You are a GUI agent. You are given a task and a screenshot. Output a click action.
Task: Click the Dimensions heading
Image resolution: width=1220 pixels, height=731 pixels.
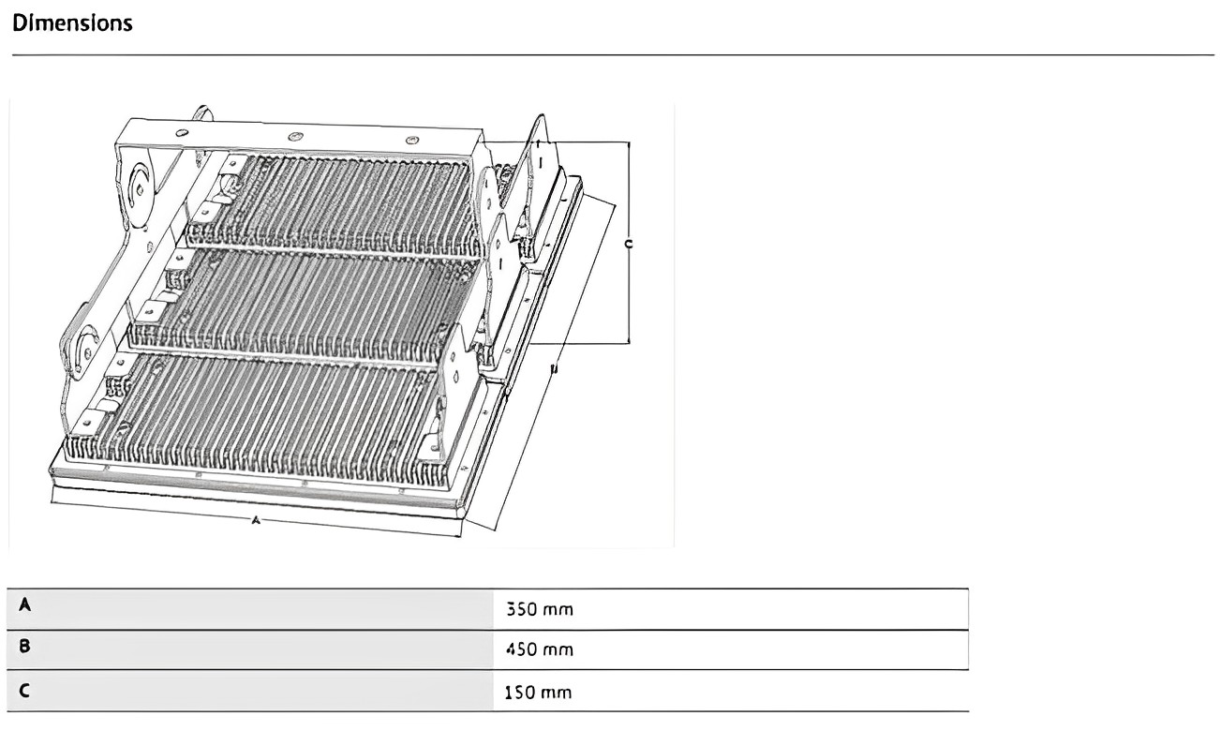(72, 23)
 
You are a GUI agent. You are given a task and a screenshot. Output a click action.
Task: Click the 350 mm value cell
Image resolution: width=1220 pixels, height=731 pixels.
(539, 609)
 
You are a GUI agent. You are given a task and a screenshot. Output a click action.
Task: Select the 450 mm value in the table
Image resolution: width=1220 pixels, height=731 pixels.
(539, 649)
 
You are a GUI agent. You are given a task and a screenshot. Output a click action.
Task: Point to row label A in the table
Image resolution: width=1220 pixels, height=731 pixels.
(25, 606)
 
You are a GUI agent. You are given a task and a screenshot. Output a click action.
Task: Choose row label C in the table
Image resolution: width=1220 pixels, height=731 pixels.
(25, 692)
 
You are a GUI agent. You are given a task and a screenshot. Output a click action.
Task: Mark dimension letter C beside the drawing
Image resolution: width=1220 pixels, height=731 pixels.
(628, 244)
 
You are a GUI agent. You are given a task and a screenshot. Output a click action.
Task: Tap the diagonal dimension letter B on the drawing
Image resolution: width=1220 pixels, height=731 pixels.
(553, 370)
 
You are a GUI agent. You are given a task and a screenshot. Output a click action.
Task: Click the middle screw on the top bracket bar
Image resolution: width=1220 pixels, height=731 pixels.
(296, 137)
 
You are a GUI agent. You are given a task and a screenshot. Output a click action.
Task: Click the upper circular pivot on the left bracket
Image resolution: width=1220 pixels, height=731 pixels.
(138, 186)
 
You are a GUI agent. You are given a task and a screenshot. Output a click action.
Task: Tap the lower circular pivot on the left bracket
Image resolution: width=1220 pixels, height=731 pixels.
(86, 350)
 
